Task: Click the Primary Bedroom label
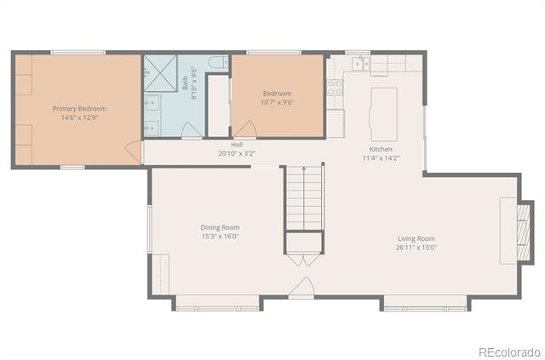point(79,109)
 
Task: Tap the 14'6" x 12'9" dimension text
point(79,117)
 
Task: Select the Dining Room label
point(220,227)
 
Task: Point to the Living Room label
point(416,239)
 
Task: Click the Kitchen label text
point(381,149)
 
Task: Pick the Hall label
point(237,145)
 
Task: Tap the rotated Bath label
point(186,83)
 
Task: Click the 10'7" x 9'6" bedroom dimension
point(278,102)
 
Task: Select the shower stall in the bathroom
point(160,73)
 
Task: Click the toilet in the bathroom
point(219,62)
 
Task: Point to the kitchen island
point(384,114)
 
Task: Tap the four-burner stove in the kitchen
point(335,87)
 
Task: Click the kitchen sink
point(360,64)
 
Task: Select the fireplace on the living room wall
point(524,232)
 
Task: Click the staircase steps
point(305,197)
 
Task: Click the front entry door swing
point(301,287)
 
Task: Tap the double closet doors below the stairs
point(304,260)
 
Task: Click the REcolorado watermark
point(510,352)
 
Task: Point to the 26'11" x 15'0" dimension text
point(416,248)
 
